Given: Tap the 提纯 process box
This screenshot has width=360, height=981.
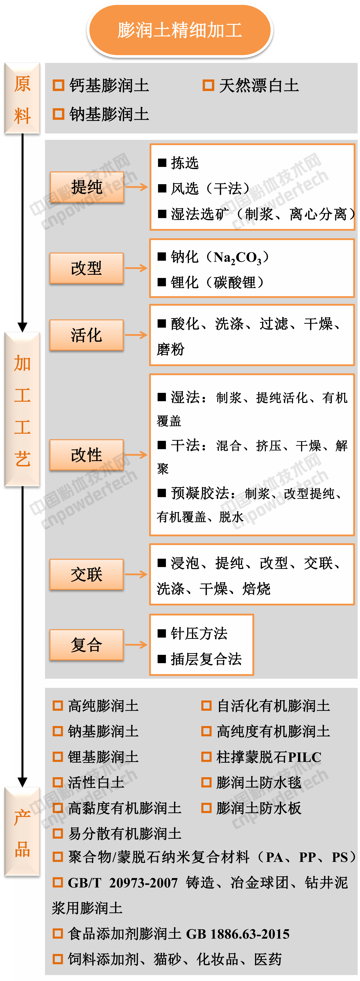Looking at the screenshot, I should pos(87,187).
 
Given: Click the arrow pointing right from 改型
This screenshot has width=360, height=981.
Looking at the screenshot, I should pos(136,268).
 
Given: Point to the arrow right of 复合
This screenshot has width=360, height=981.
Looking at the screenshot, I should pos(136,645).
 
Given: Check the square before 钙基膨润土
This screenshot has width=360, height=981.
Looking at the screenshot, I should pos(58,85).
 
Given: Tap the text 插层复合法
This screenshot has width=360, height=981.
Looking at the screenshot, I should pos(206,659).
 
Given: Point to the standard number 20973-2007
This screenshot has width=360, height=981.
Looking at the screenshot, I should pos(143,883).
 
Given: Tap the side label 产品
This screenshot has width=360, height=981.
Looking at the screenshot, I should pos(22,833).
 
